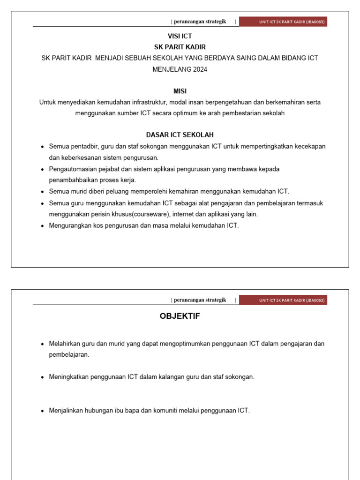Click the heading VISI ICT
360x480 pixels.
(180, 36)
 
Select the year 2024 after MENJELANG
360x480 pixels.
(199, 69)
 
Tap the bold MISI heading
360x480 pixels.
(180, 91)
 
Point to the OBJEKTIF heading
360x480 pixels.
(180, 316)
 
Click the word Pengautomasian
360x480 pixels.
(71, 169)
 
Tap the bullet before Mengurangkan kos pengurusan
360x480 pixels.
(43, 225)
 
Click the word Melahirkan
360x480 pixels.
(65, 344)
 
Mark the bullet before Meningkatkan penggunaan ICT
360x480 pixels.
(43, 377)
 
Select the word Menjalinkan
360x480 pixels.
(66, 411)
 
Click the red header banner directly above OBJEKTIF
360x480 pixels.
(283, 300)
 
